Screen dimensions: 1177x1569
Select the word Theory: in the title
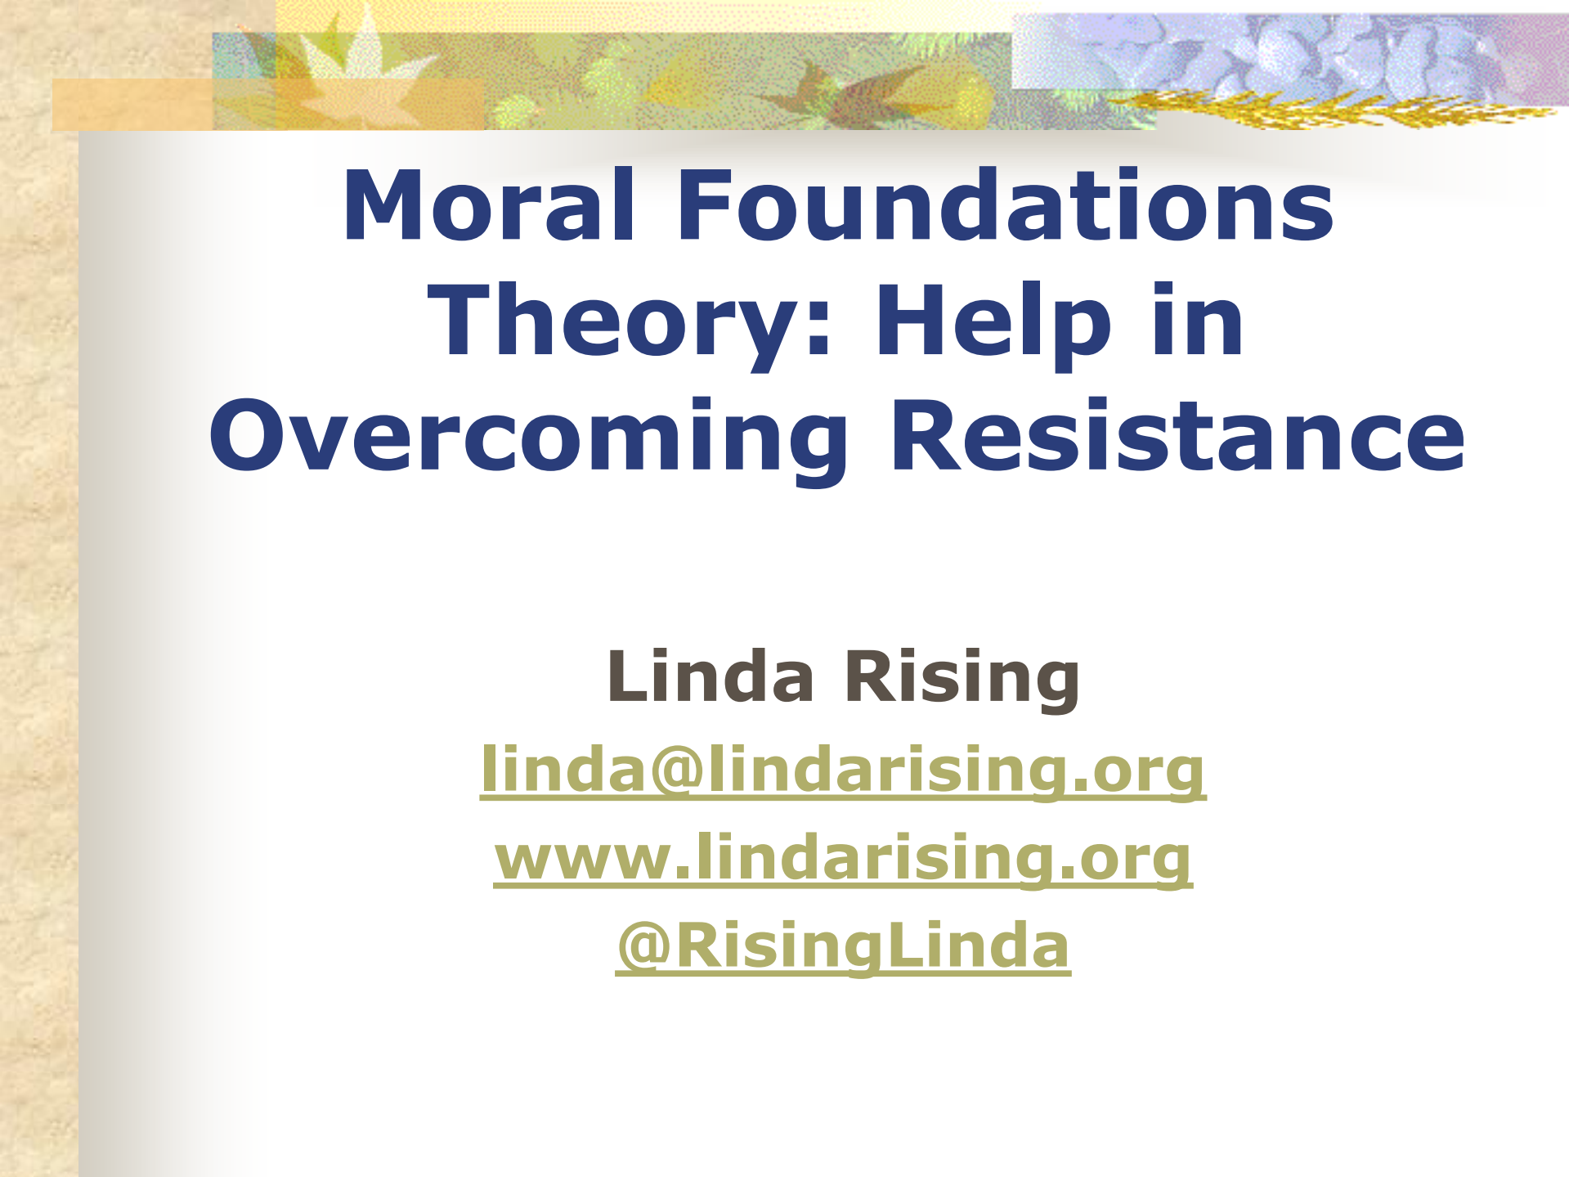[x=630, y=321]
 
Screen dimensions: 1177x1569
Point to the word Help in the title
[x=993, y=321]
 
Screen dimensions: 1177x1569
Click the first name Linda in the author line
[x=711, y=676]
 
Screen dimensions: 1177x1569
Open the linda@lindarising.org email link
[x=843, y=769]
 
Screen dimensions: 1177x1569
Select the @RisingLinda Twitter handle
[x=843, y=946]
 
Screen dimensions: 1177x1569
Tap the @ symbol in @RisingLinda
[x=645, y=947]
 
